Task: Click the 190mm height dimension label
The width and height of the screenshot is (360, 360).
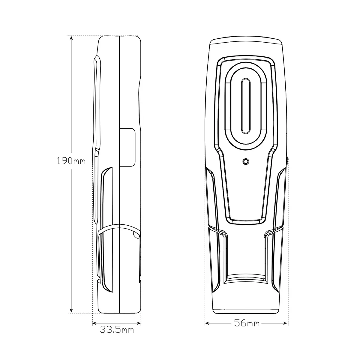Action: [71, 161]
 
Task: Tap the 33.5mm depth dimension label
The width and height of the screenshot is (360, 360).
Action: [117, 330]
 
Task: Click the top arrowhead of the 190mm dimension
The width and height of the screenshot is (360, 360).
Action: [71, 38]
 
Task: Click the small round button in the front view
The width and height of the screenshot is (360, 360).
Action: [245, 161]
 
